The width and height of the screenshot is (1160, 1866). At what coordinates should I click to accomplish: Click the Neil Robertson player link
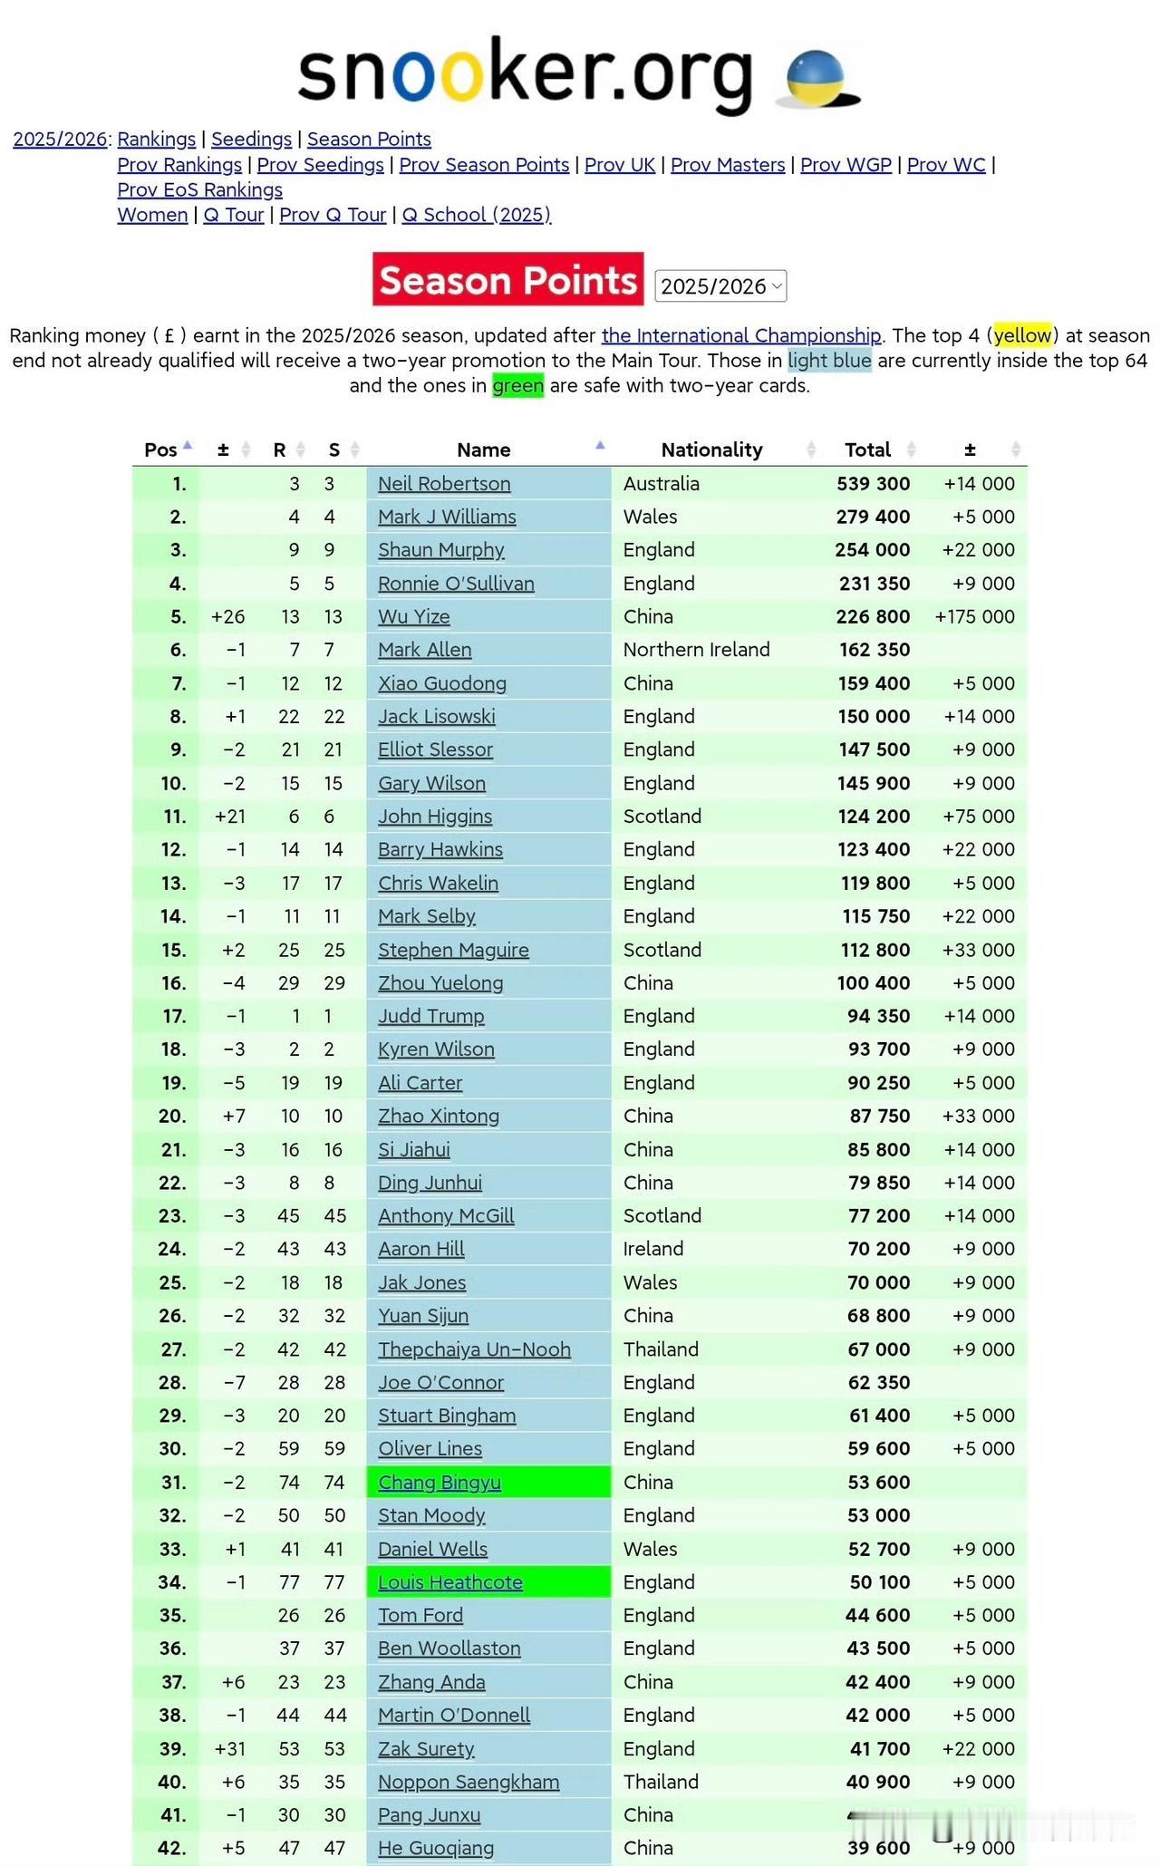click(444, 484)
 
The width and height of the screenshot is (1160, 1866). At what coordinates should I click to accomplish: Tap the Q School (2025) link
click(476, 215)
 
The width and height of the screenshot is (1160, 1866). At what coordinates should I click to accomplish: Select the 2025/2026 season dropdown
click(720, 286)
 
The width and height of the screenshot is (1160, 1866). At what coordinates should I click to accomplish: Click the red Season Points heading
click(507, 280)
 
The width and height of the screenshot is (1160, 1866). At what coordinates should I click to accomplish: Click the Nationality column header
click(711, 450)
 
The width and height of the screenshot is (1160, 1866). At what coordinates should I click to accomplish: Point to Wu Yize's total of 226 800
click(873, 617)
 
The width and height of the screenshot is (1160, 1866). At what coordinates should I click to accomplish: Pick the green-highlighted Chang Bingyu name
click(440, 1483)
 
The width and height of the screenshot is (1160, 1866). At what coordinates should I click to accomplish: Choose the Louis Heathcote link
click(450, 1582)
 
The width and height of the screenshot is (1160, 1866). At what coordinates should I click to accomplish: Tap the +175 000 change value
click(974, 617)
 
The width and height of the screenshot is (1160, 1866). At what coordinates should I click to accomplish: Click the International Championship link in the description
click(741, 335)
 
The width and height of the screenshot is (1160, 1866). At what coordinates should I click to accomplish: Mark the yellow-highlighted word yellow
click(1022, 335)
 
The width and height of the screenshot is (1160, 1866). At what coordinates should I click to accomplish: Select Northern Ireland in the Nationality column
click(696, 650)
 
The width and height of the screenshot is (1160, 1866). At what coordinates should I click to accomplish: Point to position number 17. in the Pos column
click(173, 1016)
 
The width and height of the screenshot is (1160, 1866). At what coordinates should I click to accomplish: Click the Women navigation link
click(152, 215)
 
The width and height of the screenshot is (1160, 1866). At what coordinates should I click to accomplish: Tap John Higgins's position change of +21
click(229, 817)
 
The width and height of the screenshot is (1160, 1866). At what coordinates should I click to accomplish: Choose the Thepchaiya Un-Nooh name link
click(474, 1349)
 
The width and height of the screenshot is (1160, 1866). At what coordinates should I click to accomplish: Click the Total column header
click(867, 450)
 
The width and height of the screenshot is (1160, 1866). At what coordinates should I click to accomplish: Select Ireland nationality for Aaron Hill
click(653, 1249)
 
